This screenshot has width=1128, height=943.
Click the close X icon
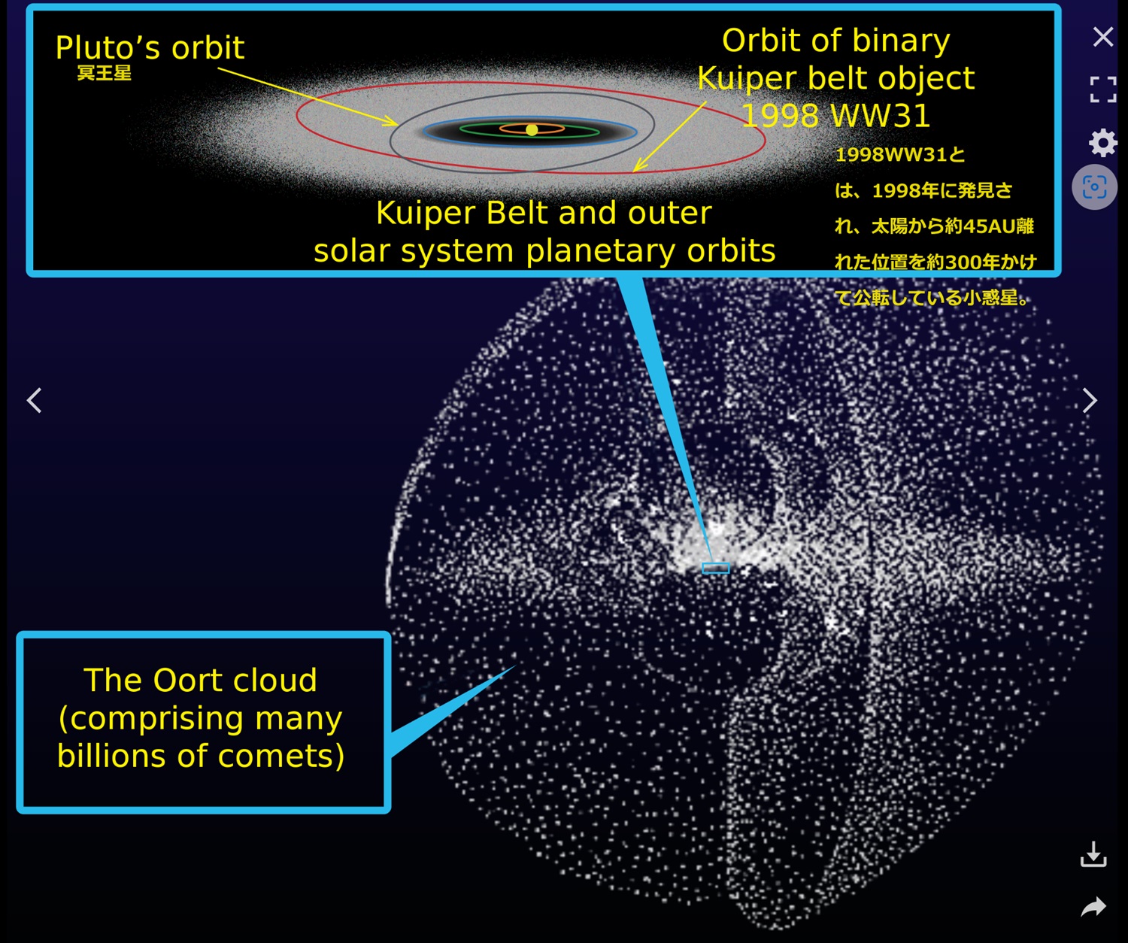1102,38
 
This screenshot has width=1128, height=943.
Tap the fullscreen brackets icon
1102,89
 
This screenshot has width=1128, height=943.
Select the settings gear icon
1102,143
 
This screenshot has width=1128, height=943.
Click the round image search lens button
1094,187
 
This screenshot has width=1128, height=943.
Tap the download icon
1093,854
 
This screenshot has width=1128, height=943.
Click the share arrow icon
1093,907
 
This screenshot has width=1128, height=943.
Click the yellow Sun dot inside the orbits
532,129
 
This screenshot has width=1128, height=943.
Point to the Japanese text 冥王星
105,73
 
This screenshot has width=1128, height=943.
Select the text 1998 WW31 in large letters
835,115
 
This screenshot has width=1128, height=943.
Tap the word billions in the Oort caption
114,756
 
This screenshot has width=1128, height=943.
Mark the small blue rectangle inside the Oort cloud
716,568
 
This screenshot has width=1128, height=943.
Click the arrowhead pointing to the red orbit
638,165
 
